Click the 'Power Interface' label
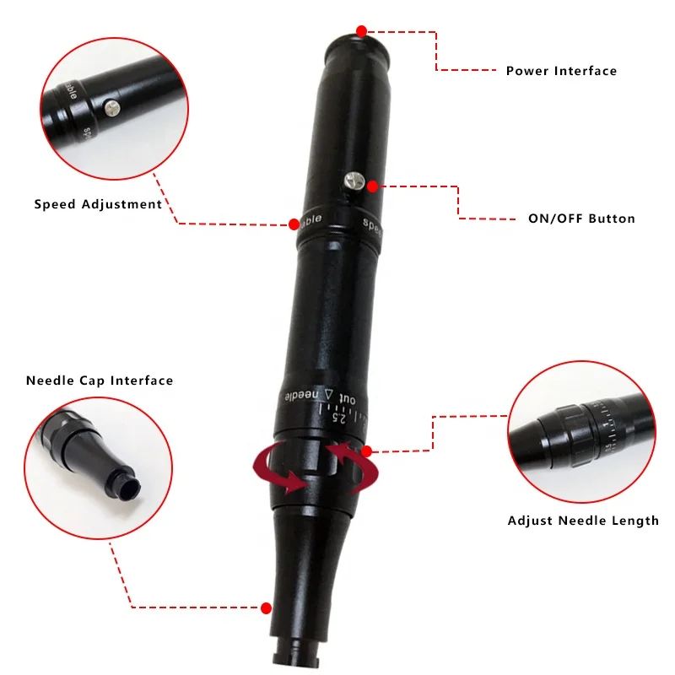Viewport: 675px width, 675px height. click(x=561, y=71)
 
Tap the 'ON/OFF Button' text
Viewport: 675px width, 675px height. click(x=581, y=219)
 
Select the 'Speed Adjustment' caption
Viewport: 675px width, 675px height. click(x=98, y=204)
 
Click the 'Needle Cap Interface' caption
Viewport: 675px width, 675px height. click(x=100, y=381)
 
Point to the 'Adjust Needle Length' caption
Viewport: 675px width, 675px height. click(x=583, y=521)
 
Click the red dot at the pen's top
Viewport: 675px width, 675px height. click(x=361, y=30)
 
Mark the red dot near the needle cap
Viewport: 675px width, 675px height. click(x=267, y=607)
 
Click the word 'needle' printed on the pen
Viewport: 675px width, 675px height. click(x=302, y=395)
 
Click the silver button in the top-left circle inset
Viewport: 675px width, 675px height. click(x=111, y=107)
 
